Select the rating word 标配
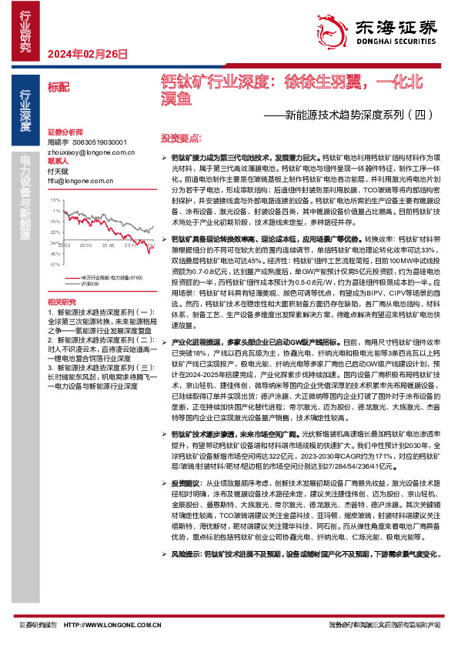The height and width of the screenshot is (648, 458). click(x=58, y=88)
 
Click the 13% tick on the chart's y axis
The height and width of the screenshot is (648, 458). click(x=55, y=199)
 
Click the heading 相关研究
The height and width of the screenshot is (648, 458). click(x=61, y=302)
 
